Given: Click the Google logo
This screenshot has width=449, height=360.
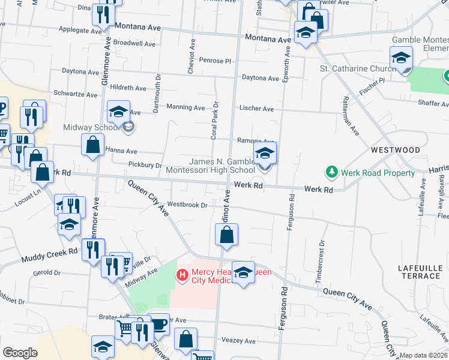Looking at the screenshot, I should (20, 353).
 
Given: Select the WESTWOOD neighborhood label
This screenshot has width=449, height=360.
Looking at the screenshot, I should (395, 149).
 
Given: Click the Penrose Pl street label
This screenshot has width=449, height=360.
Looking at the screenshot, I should (215, 61).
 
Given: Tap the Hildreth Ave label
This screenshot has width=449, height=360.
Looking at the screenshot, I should (128, 88).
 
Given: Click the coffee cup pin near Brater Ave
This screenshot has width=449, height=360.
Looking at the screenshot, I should (158, 324).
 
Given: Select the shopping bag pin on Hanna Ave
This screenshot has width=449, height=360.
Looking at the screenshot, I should (92, 145).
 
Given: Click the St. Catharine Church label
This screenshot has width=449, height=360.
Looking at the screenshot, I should (357, 69).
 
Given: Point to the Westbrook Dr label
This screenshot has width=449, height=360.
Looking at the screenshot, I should (187, 205).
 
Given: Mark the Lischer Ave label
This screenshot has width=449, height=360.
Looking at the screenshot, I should (256, 109).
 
